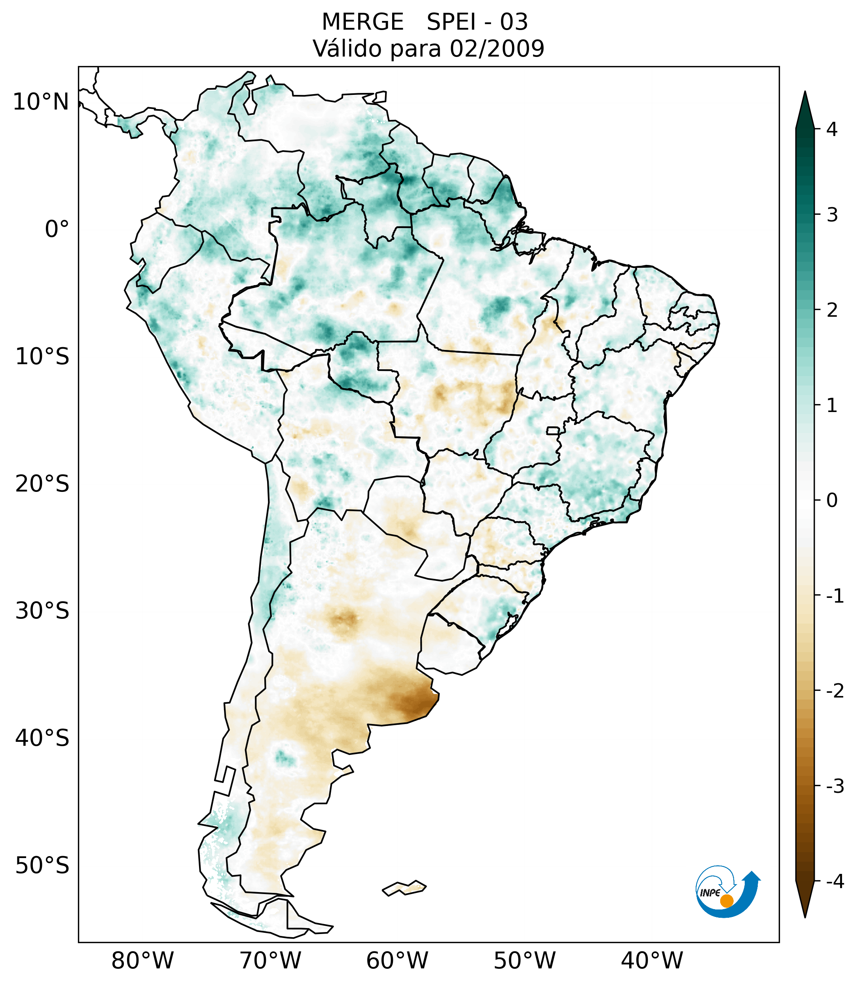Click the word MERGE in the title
362,22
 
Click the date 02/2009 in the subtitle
497,49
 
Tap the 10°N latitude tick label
41,102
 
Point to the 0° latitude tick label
57,229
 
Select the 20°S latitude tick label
42,484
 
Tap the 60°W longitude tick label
397,960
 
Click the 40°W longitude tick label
651,960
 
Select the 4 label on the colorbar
832,129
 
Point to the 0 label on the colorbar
832,501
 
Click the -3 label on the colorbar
835,786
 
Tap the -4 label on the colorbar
835,882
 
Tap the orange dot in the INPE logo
727,901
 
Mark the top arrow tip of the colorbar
805,93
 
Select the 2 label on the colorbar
832,310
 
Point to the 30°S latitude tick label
42,611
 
